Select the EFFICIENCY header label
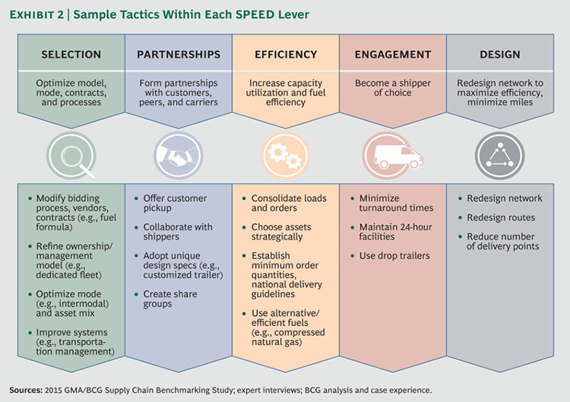pos(285,55)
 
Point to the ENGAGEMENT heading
pos(393,55)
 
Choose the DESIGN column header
pos(500,55)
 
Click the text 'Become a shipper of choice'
pos(393,89)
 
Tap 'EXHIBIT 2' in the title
pos(41,15)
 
